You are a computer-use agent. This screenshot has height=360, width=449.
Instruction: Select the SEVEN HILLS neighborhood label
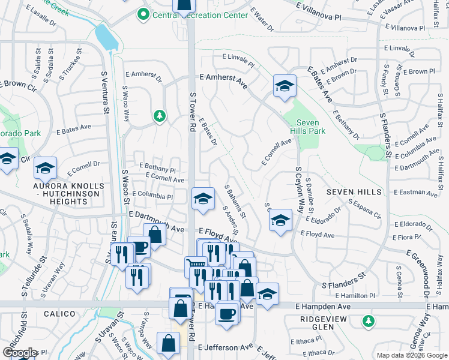(354, 192)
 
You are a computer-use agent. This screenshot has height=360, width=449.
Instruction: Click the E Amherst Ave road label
(223, 78)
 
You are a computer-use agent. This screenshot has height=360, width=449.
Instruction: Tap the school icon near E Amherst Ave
(285, 85)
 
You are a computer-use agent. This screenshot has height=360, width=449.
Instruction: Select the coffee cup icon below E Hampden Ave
(226, 313)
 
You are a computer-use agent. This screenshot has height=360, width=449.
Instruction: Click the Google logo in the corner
(20, 353)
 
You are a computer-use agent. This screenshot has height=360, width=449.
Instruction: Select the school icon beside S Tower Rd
(203, 199)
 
